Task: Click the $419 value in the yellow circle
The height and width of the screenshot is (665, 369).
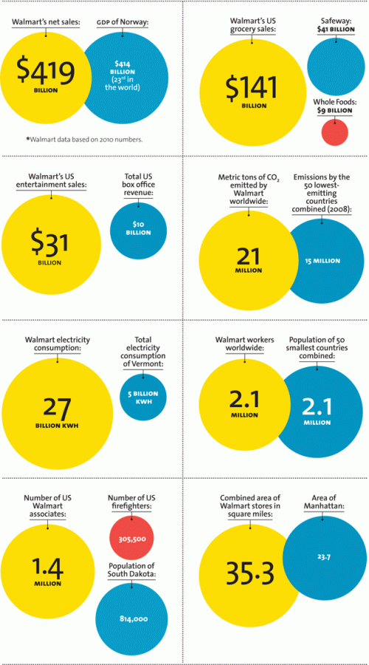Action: coord(46,72)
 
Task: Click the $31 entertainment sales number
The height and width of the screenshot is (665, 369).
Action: coord(49,242)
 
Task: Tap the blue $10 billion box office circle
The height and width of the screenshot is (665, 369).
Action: coord(137,228)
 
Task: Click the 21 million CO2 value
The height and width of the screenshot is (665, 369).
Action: coord(249,256)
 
